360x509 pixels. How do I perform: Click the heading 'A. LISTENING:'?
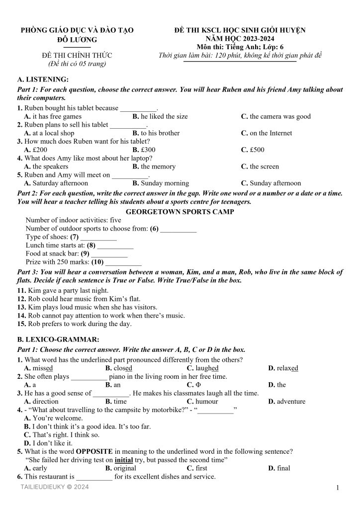coord(43,80)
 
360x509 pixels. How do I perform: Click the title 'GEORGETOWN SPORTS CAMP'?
coord(180,211)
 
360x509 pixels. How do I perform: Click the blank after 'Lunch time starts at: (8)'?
coord(115,246)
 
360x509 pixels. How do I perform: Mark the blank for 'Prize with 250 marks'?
coord(123,262)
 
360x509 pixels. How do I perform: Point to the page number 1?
coord(337,488)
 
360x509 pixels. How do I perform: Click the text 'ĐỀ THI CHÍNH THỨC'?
coord(77,55)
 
